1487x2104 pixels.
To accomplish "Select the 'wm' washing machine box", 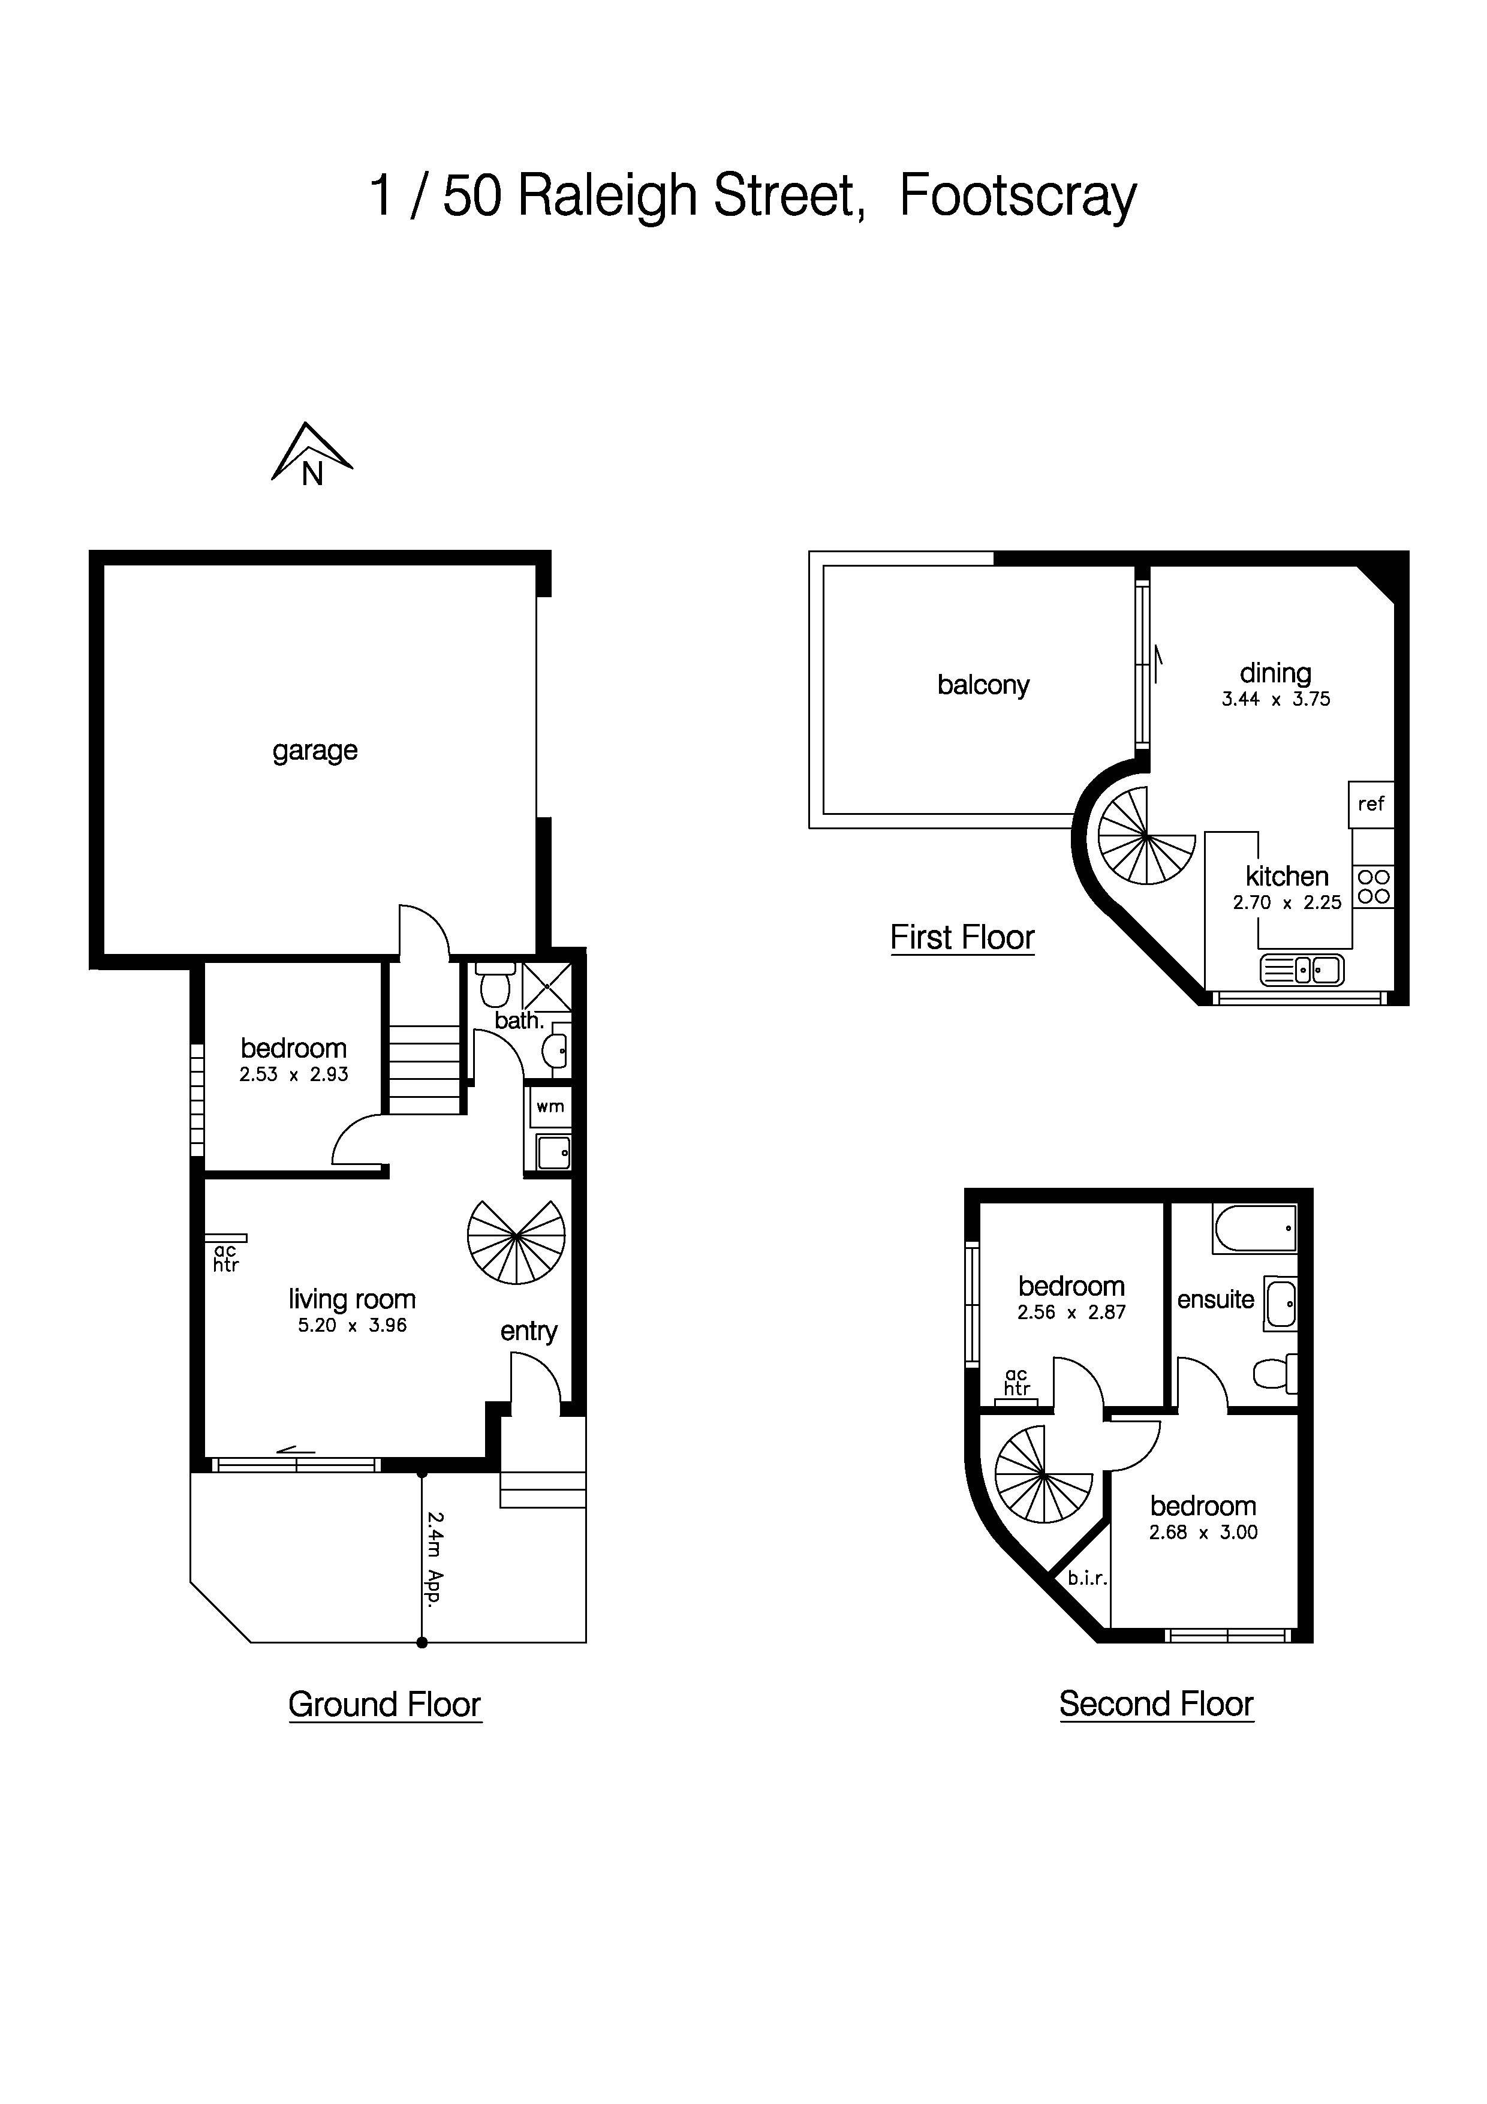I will (x=550, y=1107).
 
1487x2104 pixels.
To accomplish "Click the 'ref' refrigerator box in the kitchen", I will (x=1371, y=803).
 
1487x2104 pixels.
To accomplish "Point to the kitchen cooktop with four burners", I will (x=1372, y=887).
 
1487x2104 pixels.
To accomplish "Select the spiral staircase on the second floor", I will (x=1043, y=1474).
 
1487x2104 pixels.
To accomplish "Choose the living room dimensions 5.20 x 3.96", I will (x=352, y=1325).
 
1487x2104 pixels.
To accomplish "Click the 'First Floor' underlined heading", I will (x=962, y=937).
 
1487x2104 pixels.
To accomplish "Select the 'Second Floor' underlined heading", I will (x=1155, y=1703).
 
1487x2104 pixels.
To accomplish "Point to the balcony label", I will (x=983, y=685).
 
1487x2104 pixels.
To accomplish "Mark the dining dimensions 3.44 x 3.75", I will (x=1275, y=699).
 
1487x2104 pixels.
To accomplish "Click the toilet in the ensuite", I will (x=1274, y=1374).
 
